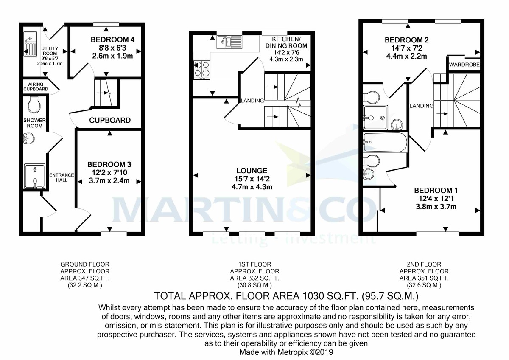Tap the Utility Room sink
click(30, 44)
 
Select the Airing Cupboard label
click(36, 87)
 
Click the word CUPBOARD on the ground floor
click(110, 120)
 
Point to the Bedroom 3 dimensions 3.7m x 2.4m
click(109, 181)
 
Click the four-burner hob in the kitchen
click(202, 70)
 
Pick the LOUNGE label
click(252, 170)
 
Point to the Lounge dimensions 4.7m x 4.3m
click(252, 187)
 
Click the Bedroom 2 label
click(406, 40)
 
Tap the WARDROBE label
click(464, 65)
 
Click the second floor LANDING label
click(421, 106)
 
